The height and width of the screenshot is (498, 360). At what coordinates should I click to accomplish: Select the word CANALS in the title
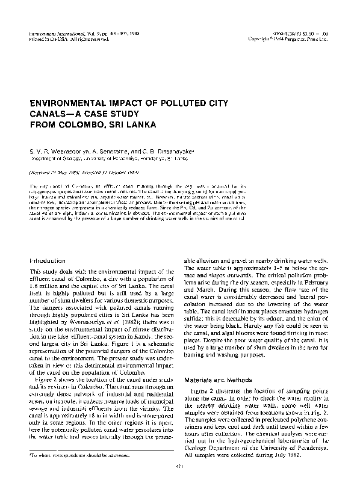49,114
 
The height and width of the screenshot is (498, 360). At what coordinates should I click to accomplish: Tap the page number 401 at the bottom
179,482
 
